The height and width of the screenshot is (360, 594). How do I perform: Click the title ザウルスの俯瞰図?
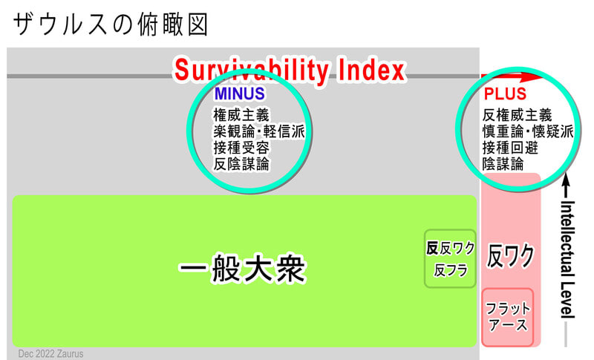pos(110,24)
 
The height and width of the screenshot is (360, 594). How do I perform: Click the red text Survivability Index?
pos(290,71)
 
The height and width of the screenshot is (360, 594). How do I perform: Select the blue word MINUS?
pos(239,94)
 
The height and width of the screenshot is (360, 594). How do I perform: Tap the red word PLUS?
pos(505,94)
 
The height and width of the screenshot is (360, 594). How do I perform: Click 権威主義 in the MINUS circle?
pos(241,115)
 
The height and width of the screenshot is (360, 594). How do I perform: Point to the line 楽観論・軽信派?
pos(259,131)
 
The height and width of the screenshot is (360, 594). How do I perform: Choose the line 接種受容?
pos(241,148)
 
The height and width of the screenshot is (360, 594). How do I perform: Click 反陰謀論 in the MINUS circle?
pos(241,164)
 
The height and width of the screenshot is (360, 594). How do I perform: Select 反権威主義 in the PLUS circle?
pos(517,115)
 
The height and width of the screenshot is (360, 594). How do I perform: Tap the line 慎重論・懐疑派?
pos(528,131)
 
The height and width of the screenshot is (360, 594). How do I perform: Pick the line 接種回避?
pos(510,148)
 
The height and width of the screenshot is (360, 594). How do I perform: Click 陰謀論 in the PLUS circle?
pos(503,164)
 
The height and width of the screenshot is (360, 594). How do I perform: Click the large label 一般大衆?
pos(243,269)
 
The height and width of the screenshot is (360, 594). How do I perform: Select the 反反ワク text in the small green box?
pos(451,249)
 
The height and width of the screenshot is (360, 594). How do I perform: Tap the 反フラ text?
pos(451,270)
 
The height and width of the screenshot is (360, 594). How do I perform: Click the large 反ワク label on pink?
pos(510,256)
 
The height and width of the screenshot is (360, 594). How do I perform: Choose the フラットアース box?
pos(508,317)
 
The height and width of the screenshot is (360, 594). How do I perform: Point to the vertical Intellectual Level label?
pos(567,259)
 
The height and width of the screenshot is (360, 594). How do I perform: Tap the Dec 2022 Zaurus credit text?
pos(50,354)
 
